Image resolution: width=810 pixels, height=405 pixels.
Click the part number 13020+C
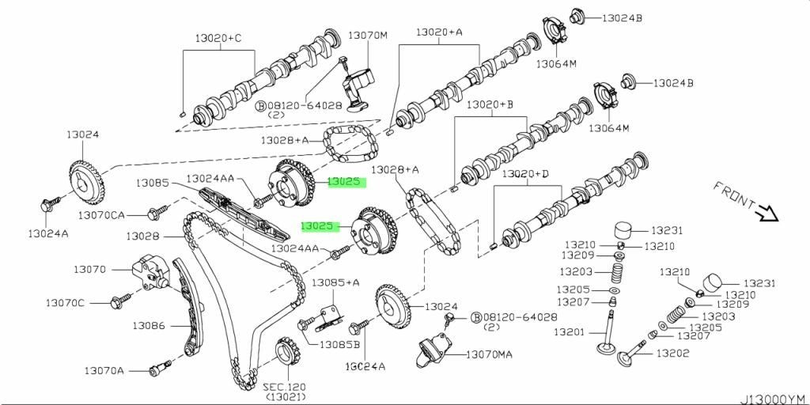(218, 38)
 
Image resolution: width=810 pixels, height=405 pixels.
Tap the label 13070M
(367, 35)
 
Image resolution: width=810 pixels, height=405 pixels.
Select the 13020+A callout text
(440, 32)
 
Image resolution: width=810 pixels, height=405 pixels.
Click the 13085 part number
(153, 183)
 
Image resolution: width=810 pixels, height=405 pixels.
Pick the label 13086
(148, 325)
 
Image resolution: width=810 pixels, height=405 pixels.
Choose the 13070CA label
(102, 214)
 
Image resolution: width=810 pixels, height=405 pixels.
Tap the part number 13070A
(104, 370)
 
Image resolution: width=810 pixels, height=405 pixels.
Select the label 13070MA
(490, 354)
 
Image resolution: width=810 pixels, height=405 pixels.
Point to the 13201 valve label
(570, 332)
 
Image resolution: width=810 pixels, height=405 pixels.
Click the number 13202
(673, 354)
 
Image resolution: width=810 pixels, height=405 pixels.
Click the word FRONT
(734, 196)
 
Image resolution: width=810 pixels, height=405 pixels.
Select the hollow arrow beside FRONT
(766, 213)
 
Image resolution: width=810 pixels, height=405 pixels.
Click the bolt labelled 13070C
(121, 301)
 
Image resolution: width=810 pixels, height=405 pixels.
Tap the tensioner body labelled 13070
(150, 272)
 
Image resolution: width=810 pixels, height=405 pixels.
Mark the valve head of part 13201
(607, 348)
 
